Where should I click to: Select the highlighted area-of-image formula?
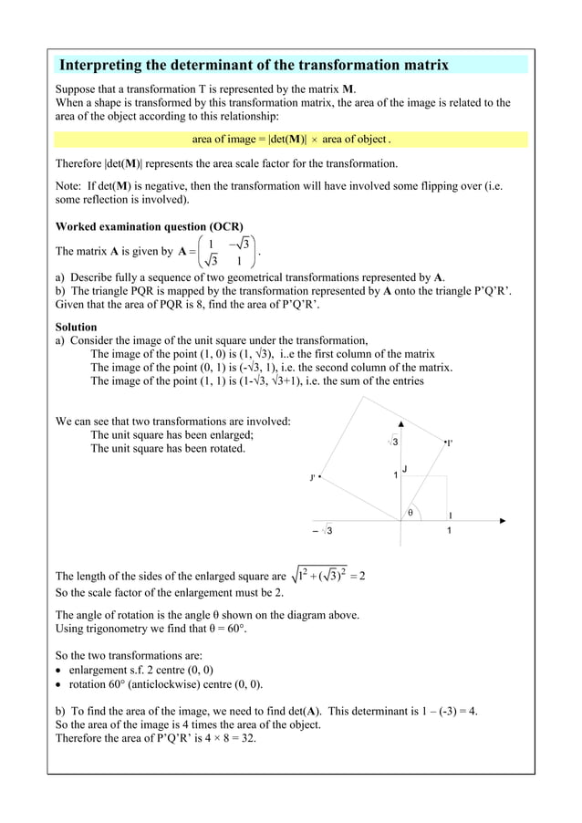click(291, 140)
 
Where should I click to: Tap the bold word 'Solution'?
click(77, 327)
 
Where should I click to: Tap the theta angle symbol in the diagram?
click(411, 512)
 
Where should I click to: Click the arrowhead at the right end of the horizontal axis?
click(504, 521)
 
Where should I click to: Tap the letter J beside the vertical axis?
click(404, 469)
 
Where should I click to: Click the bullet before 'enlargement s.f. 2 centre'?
click(60, 671)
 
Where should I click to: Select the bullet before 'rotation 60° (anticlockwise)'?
click(60, 684)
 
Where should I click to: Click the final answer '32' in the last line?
click(247, 738)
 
